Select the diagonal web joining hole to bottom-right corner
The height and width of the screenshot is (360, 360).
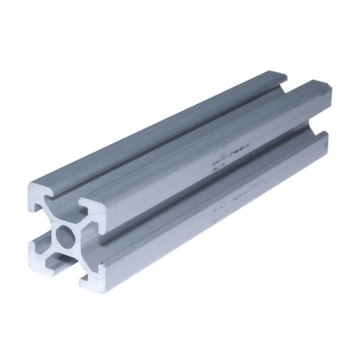(x=81, y=254)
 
